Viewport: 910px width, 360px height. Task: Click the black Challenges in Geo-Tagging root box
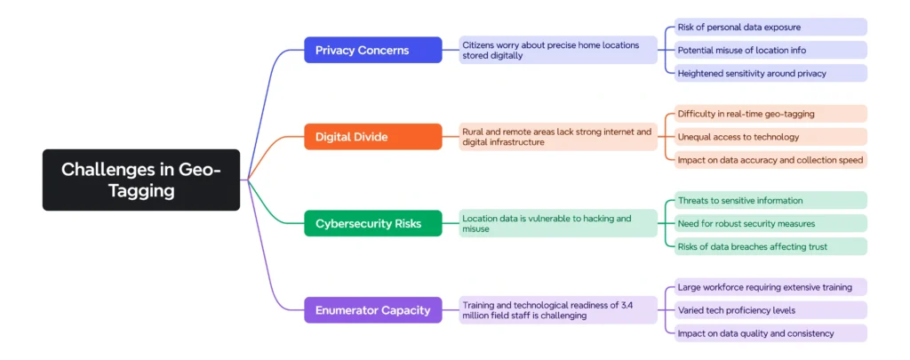(140, 180)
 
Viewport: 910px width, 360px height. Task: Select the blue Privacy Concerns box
(372, 50)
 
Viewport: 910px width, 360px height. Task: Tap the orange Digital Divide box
(372, 137)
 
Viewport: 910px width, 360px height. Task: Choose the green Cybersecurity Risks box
(372, 223)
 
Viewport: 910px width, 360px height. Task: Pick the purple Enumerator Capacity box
(372, 310)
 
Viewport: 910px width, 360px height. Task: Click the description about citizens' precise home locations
(558, 50)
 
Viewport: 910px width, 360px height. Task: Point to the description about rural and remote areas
(558, 137)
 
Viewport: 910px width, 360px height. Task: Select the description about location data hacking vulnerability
(558, 223)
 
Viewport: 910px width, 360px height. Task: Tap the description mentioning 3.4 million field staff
(558, 310)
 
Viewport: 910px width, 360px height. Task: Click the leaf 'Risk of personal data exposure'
(765, 27)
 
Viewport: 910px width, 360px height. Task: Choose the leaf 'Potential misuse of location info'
(765, 50)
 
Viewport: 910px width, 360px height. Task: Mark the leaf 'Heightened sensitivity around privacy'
(765, 73)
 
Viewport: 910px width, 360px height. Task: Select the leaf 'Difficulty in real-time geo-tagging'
(765, 114)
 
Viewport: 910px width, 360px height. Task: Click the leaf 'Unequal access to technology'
(765, 137)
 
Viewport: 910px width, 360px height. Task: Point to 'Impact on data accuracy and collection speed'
(765, 160)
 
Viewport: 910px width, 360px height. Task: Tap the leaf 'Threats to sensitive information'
(765, 200)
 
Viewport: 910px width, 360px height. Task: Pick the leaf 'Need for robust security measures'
(765, 223)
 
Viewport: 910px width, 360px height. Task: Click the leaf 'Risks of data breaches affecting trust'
(765, 246)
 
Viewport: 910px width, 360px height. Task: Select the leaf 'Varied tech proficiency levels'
(765, 310)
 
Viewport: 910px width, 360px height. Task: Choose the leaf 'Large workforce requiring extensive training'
(765, 287)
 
